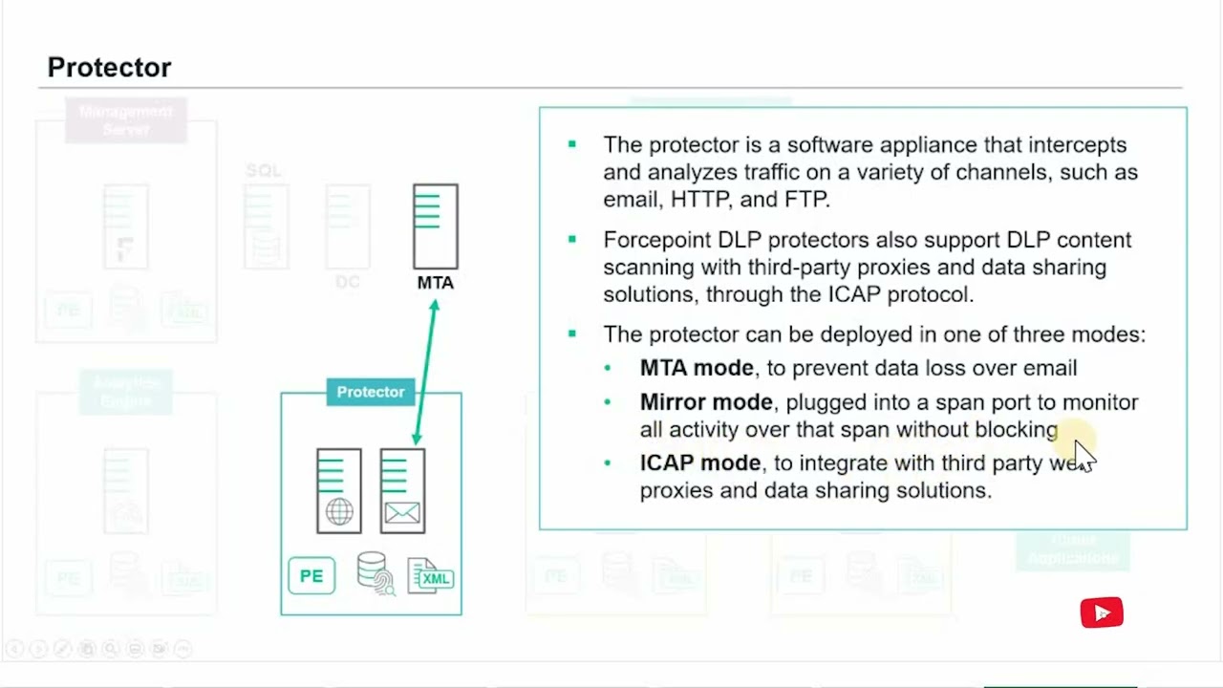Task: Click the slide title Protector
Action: [x=109, y=68]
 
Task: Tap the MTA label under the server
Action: [x=436, y=283]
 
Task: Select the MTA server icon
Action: [x=436, y=226]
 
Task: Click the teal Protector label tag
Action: [x=371, y=392]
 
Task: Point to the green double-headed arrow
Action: [x=425, y=373]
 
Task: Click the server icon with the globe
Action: [x=339, y=491]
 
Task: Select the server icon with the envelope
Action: [x=402, y=491]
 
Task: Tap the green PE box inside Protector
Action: [x=311, y=576]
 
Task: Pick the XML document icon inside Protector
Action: [x=431, y=576]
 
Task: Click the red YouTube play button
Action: [x=1102, y=613]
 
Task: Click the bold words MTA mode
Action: [x=697, y=368]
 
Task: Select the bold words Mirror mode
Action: [x=706, y=402]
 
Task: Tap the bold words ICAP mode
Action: [x=699, y=463]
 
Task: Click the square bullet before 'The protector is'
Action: [x=572, y=144]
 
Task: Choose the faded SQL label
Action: [x=264, y=171]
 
